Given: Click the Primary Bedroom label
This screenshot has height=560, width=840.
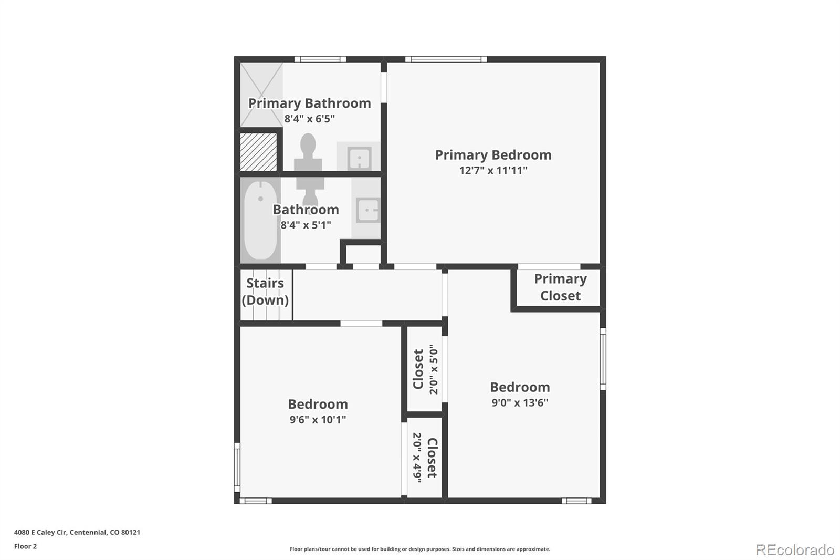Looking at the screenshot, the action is [x=493, y=155].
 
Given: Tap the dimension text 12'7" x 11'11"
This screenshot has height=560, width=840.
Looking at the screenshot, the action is [x=493, y=170].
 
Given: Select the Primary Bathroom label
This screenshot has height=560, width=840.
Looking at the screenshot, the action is [x=309, y=103].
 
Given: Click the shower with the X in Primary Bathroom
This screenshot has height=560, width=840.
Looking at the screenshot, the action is [x=261, y=95].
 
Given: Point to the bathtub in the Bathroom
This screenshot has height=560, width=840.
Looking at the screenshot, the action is [x=260, y=220].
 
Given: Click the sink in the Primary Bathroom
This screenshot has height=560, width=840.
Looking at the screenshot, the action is [x=359, y=158].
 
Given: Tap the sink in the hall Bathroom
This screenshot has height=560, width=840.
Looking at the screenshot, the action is [x=368, y=210].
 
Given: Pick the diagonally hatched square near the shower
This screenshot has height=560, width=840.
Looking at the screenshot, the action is [x=258, y=152].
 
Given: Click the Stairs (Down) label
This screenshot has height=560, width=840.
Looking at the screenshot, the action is [x=265, y=292].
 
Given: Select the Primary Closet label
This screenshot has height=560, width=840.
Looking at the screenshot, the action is [x=560, y=287].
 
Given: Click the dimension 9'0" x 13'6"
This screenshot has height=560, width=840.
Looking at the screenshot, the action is [x=520, y=403].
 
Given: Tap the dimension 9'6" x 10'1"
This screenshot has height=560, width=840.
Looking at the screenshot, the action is [x=318, y=420].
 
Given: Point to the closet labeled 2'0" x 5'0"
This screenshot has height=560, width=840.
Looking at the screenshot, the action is [x=425, y=369].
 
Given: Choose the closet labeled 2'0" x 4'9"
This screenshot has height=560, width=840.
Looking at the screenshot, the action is [x=425, y=458].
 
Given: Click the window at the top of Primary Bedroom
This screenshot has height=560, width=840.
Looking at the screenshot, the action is [x=446, y=59].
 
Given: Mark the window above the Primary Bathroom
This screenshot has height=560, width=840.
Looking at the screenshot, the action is [x=320, y=59].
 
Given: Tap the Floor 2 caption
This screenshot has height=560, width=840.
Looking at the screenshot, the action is [x=26, y=546].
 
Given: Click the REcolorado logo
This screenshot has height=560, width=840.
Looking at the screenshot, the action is [x=795, y=550].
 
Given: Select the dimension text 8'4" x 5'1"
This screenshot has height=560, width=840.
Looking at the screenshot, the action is [x=306, y=225].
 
